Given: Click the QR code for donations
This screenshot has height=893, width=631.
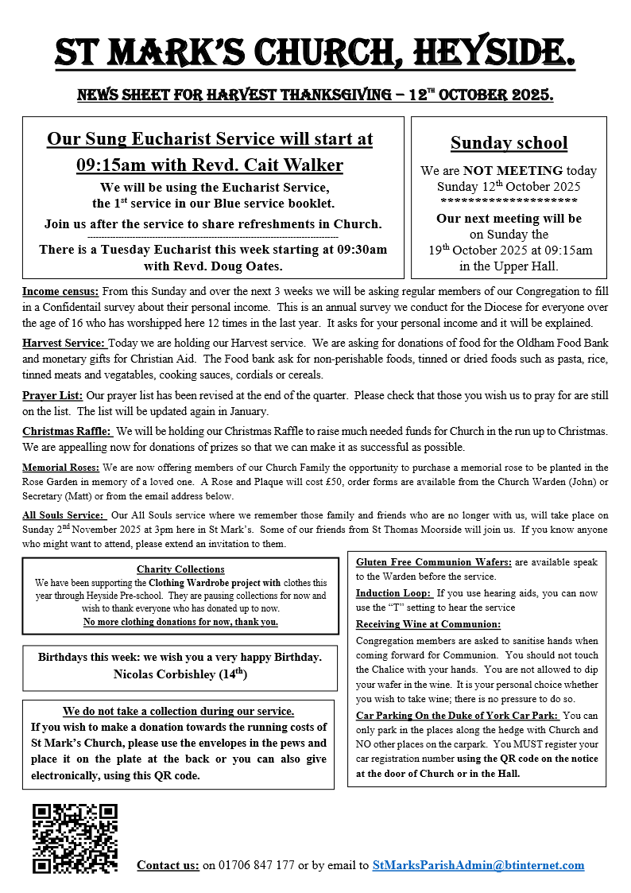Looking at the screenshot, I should pos(75,837).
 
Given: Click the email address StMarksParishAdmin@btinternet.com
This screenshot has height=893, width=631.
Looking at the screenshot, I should pos(478,865).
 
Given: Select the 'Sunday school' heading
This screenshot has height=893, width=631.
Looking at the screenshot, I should pos(509,143).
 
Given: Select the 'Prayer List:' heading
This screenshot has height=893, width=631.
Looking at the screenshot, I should pos(52,394).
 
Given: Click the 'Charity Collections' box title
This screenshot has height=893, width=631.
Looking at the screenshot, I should pos(180,569).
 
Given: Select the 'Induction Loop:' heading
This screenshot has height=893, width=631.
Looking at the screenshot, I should pos(393,593).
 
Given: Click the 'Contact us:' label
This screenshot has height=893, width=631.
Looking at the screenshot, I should pos(168,865).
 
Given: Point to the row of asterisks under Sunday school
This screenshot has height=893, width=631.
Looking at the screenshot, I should pos(509,202).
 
